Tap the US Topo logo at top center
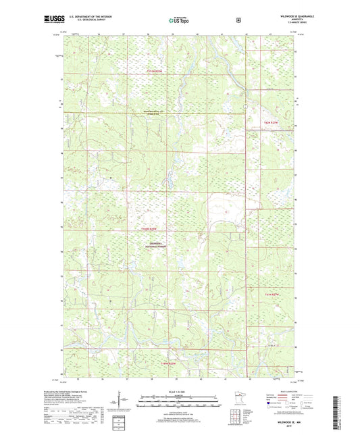pyautogui.click(x=177, y=21)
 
